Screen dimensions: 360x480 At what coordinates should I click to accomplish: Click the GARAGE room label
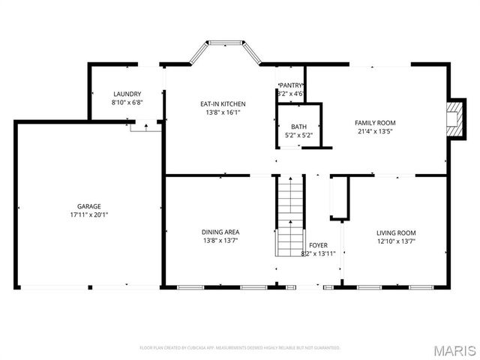pos(88,206)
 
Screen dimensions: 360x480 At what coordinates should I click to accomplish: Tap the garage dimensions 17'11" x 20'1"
pos(88,214)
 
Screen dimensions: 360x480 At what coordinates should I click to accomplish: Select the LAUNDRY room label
pos(127,94)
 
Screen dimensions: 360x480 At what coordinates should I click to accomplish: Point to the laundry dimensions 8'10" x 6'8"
pos(127,102)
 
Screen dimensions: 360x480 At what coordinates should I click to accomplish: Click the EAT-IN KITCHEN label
pos(223,103)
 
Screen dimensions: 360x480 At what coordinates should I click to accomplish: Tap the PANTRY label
pos(290,85)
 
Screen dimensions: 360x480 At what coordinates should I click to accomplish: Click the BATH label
pos(299,127)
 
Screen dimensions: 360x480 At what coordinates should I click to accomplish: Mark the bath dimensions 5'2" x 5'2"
pos(299,135)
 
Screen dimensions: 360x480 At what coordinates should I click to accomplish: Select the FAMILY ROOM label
pos(375,122)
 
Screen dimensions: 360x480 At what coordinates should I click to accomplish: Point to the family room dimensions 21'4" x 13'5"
pos(375,130)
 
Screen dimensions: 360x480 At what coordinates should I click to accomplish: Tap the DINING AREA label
pos(220,232)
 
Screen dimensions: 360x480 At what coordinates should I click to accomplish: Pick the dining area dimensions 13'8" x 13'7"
pos(220,241)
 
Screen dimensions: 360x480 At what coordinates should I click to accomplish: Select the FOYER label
pos(318,245)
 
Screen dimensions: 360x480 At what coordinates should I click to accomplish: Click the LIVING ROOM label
pos(396,232)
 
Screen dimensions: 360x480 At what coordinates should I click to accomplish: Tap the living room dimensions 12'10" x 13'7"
pos(396,241)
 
